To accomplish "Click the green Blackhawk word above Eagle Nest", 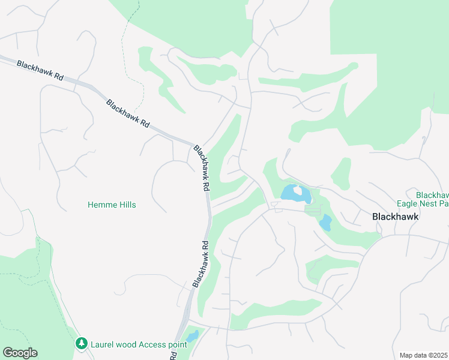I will pyautogui.click(x=432, y=195).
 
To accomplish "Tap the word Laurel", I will pyautogui.click(x=102, y=344).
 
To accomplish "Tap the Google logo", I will pyautogui.click(x=20, y=353).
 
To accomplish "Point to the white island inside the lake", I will pyautogui.click(x=297, y=191).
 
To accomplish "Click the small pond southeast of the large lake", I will pyautogui.click(x=325, y=223).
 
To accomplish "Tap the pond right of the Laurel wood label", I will pyautogui.click(x=192, y=337).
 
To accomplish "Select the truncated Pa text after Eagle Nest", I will pyautogui.click(x=444, y=204).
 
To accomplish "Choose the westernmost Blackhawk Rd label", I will pyautogui.click(x=40, y=70).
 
